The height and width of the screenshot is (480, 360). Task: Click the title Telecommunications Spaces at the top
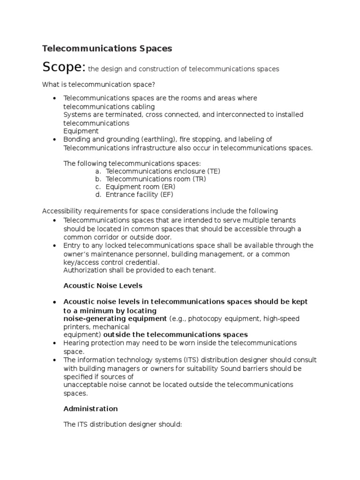tap(107, 48)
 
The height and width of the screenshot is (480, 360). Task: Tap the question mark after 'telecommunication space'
tap(153, 84)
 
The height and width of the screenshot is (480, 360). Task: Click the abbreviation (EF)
tap(169, 195)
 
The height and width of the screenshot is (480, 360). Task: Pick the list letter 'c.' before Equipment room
tap(98, 187)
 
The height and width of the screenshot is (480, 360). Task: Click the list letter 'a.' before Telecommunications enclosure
tap(98, 171)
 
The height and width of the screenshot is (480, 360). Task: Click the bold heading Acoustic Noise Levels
tap(103, 285)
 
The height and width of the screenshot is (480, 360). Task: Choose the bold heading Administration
tap(90, 409)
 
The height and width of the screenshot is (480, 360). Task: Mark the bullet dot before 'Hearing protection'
tap(55, 344)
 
